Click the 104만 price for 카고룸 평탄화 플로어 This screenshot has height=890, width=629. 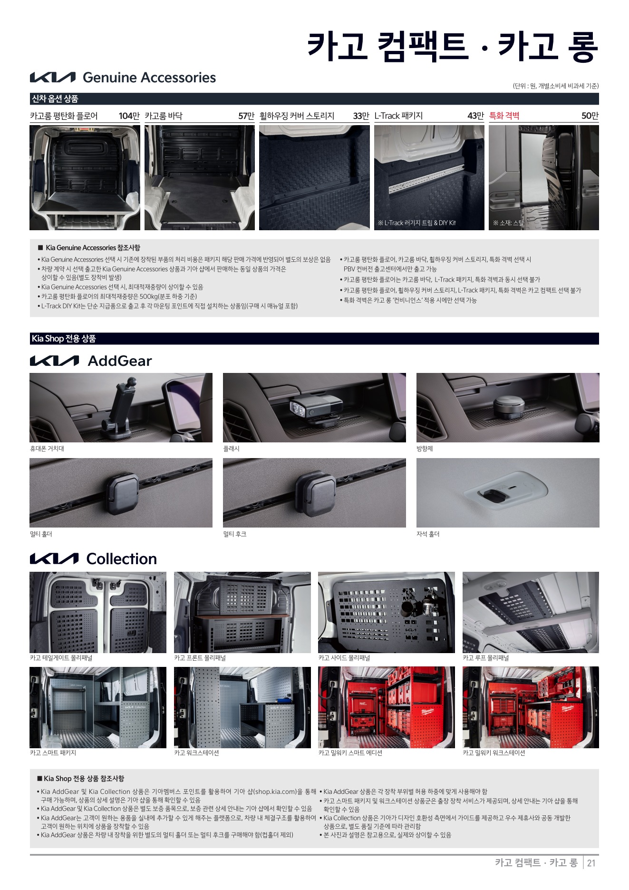pyautogui.click(x=129, y=116)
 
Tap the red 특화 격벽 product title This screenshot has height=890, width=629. pyautogui.click(x=504, y=116)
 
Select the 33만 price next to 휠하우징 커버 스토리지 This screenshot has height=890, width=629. pyautogui.click(x=361, y=116)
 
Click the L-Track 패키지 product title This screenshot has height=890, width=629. pyautogui.click(x=398, y=116)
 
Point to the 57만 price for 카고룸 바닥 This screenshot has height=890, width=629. pyautogui.click(x=246, y=116)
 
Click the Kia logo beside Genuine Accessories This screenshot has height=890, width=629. pyautogui.click(x=52, y=78)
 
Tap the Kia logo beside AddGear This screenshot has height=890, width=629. pyautogui.click(x=54, y=361)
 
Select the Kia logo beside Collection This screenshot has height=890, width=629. pyautogui.click(x=54, y=559)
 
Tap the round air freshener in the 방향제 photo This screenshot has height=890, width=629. pyautogui.click(x=508, y=408)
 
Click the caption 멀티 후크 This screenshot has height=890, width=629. pyautogui.click(x=235, y=534)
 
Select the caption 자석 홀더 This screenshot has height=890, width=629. pyautogui.click(x=428, y=534)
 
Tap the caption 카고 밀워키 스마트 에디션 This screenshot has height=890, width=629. pyautogui.click(x=350, y=753)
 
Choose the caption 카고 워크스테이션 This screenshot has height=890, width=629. pyautogui.click(x=196, y=753)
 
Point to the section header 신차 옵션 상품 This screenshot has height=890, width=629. pyautogui.click(x=55, y=99)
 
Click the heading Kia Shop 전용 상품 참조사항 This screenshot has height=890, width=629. pyautogui.click(x=84, y=779)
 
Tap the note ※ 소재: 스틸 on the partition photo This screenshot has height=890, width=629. pyautogui.click(x=508, y=223)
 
